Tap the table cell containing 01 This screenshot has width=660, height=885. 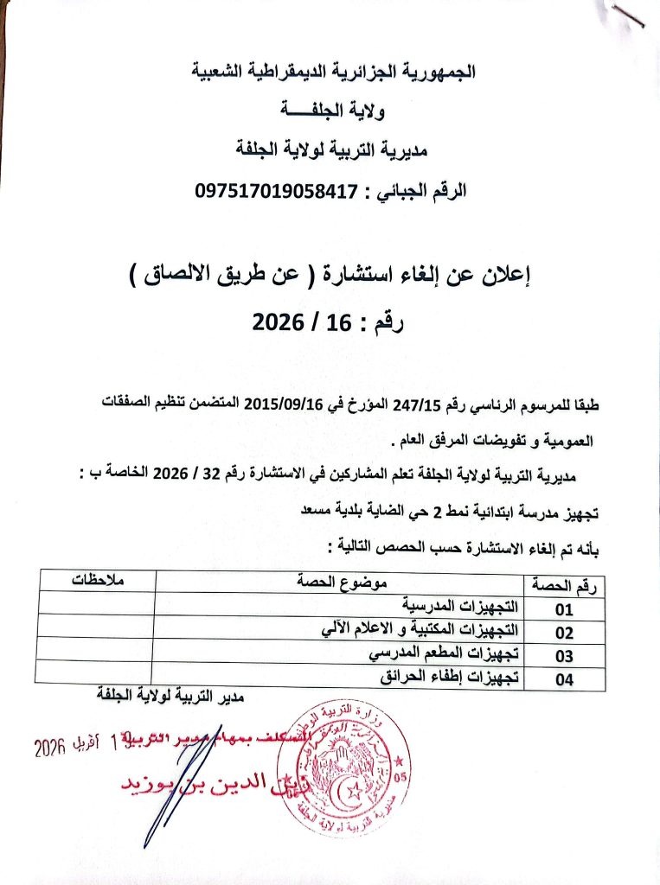tap(564, 608)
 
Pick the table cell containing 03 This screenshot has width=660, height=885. tap(564, 655)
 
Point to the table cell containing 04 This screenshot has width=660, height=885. tap(564, 679)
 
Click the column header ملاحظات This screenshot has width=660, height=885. tap(97, 581)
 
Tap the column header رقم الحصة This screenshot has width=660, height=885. tap(564, 585)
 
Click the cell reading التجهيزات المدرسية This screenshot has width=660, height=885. tap(454, 604)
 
